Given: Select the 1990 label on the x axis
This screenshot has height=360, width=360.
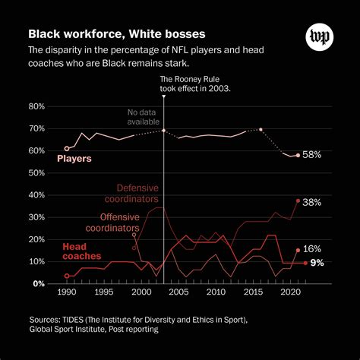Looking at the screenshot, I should click(x=67, y=293).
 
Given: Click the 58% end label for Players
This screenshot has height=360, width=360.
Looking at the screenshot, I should click(x=312, y=154).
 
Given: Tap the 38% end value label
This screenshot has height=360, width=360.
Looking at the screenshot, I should click(x=312, y=203).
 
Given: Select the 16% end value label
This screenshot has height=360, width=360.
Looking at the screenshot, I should click(x=312, y=249).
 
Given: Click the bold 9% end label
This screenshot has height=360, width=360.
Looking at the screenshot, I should click(x=317, y=263).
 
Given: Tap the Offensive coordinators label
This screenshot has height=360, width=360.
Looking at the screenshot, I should click(x=112, y=222).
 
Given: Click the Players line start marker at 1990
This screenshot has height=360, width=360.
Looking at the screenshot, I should click(x=67, y=149).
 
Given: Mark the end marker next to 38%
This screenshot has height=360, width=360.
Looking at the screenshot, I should click(x=298, y=201).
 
